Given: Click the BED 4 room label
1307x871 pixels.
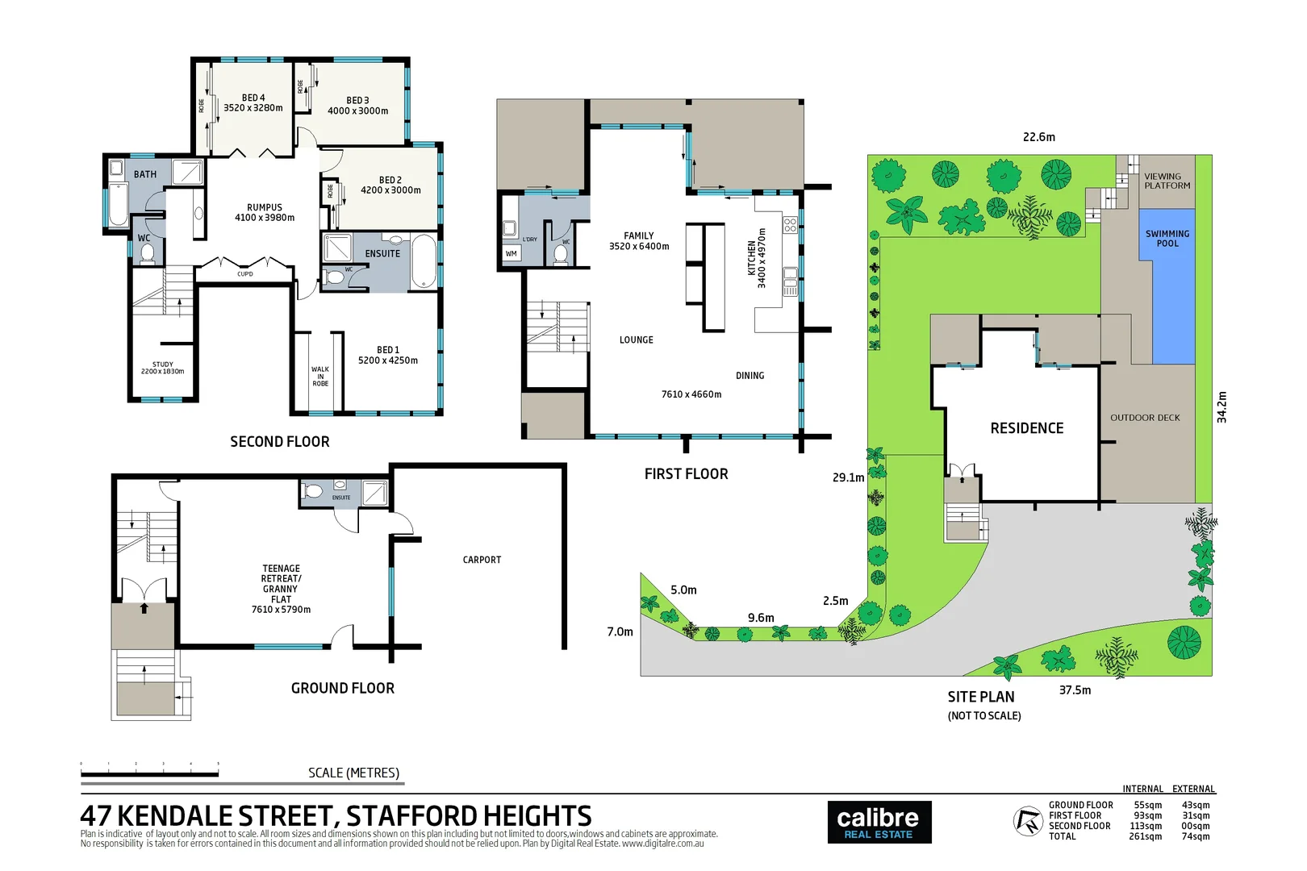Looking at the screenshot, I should [x=253, y=98].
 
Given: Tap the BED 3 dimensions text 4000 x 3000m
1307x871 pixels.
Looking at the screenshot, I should [x=357, y=111].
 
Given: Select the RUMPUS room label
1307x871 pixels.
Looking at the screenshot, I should [x=265, y=207].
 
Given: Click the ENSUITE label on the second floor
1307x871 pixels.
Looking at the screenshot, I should [x=382, y=253].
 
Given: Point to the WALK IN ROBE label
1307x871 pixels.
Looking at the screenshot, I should [x=320, y=377].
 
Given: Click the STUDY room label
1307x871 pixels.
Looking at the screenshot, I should [x=163, y=365].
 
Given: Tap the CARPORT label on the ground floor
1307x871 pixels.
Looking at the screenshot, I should [x=482, y=560].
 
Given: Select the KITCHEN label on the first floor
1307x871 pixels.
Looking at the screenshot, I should [x=752, y=258].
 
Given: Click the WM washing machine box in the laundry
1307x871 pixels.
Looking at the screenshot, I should [x=511, y=253].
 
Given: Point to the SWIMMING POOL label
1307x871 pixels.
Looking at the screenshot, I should [x=1167, y=238].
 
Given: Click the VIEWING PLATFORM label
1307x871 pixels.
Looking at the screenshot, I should [x=1167, y=181].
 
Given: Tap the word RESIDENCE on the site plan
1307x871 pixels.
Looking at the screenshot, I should [x=1026, y=428].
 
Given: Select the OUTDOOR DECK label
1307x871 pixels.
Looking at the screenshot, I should [x=1144, y=418].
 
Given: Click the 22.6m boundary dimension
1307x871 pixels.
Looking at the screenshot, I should [x=1038, y=137].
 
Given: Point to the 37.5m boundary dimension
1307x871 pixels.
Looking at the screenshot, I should [x=1075, y=690].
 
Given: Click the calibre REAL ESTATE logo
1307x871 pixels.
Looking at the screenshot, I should [x=879, y=823].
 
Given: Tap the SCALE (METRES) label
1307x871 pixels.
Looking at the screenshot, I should [x=353, y=773].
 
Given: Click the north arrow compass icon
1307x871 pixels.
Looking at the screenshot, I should [x=1028, y=821].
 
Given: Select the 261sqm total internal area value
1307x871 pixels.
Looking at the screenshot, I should [x=1145, y=836].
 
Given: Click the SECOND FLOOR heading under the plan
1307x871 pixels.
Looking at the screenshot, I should [x=279, y=442].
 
